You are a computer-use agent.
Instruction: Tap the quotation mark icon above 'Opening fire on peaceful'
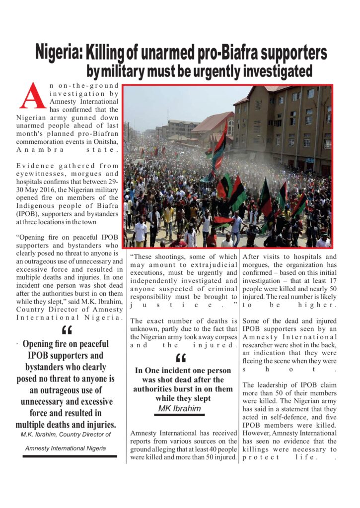(x=66, y=330)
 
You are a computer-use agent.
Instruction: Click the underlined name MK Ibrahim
(x=179, y=409)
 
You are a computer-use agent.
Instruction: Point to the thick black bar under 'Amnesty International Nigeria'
(x=69, y=456)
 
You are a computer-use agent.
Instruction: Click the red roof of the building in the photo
(x=213, y=122)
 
